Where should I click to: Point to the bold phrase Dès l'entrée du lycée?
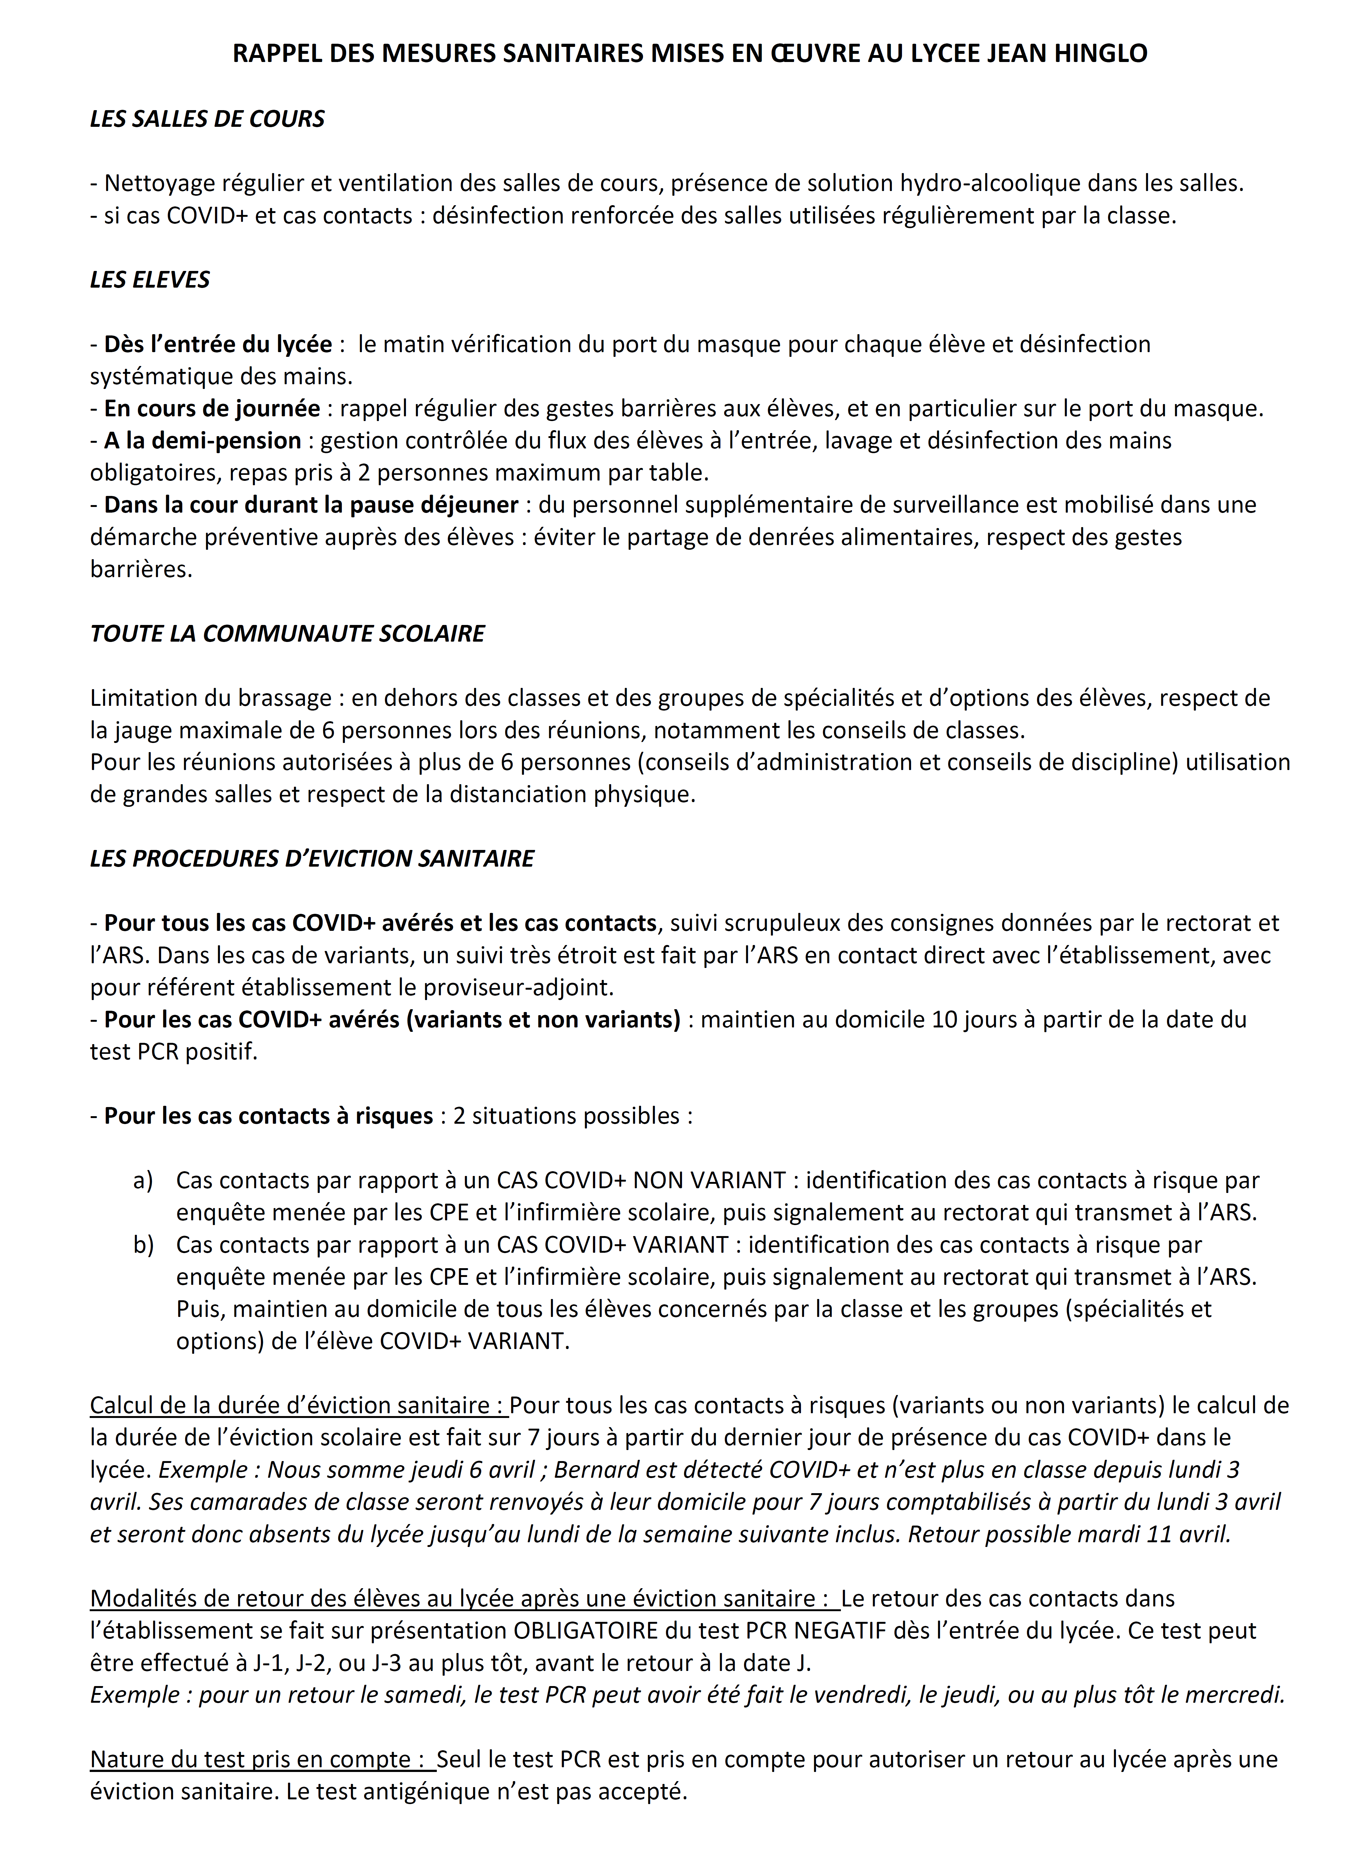pyautogui.click(x=218, y=344)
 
